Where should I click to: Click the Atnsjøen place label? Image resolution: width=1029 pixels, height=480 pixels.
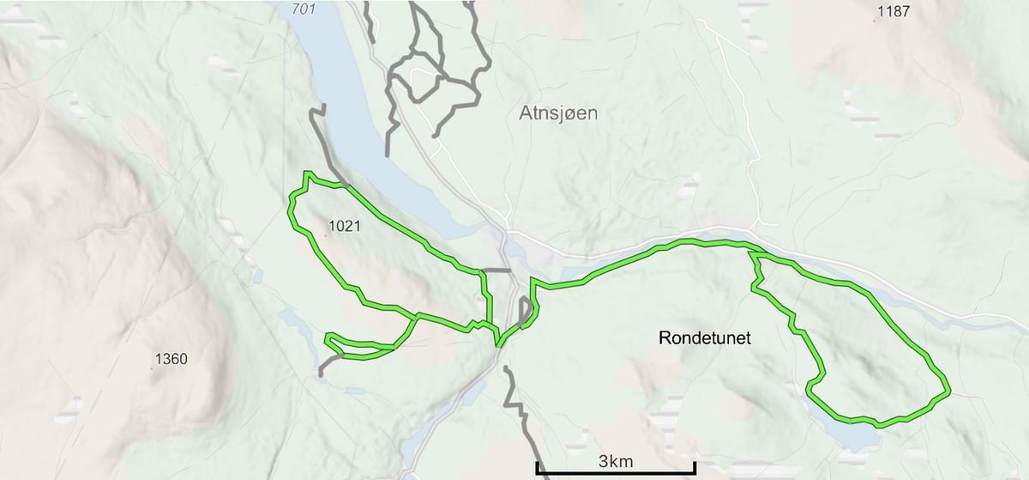557,112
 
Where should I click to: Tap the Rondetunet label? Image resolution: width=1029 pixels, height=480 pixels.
705,338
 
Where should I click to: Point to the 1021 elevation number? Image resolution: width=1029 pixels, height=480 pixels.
343,227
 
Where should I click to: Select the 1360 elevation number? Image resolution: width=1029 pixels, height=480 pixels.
171,359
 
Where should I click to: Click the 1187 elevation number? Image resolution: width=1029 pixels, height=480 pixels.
894,12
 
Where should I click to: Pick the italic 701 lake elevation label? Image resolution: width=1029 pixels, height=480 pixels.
304,9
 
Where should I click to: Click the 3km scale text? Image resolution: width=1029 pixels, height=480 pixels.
616,461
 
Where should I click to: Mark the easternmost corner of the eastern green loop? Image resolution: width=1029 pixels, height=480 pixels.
948,392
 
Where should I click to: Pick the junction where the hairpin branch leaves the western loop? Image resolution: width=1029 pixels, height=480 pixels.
417,318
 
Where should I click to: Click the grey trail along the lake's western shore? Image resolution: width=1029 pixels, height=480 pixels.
318,129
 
